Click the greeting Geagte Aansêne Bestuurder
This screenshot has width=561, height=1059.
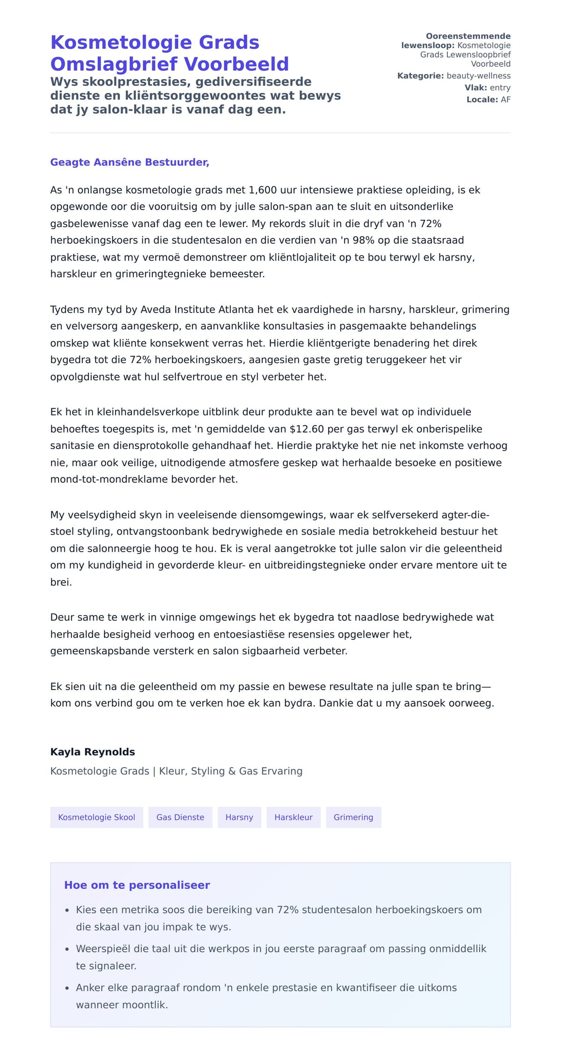(x=129, y=162)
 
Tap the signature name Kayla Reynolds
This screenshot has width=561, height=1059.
(x=93, y=752)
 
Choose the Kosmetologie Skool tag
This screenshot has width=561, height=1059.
(x=96, y=817)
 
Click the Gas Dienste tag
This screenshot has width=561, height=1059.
(x=180, y=817)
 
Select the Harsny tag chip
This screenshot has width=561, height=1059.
(x=239, y=817)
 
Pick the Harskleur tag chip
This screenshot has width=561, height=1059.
(x=293, y=817)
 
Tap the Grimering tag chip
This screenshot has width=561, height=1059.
(x=353, y=817)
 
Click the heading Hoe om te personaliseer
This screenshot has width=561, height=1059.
(x=137, y=885)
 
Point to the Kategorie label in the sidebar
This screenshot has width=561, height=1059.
(x=420, y=76)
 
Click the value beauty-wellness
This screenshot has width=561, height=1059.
(x=478, y=76)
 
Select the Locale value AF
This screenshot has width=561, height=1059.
(x=505, y=100)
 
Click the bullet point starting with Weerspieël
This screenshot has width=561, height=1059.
(x=280, y=949)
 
